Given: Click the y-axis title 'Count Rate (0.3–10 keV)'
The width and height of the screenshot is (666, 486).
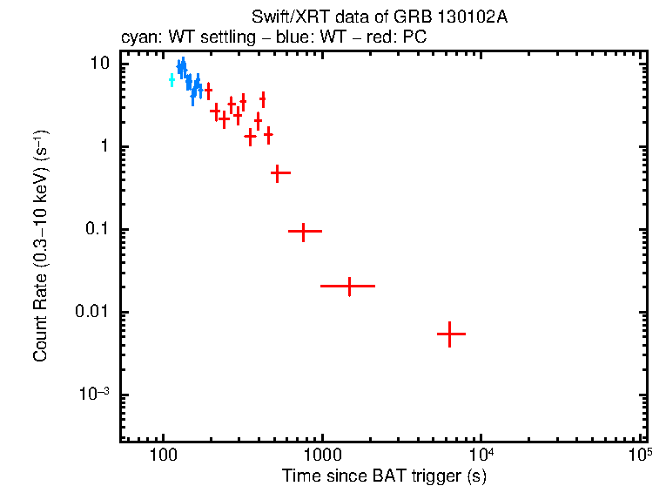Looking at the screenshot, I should point(40,246).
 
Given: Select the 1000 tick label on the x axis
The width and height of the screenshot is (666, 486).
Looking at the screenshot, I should point(322,456).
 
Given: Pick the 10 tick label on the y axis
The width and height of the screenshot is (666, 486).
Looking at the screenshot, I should point(100,64).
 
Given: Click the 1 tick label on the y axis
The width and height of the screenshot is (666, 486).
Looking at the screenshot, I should point(104,146).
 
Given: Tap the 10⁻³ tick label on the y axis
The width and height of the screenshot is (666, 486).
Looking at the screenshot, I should point(94,395).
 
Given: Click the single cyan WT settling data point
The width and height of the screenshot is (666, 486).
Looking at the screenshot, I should point(172,80).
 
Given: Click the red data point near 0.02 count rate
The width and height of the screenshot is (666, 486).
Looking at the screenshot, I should point(348,286).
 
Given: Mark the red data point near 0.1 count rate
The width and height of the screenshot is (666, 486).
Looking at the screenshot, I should point(304,232).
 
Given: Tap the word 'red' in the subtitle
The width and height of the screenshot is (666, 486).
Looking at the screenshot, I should point(382,39).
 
